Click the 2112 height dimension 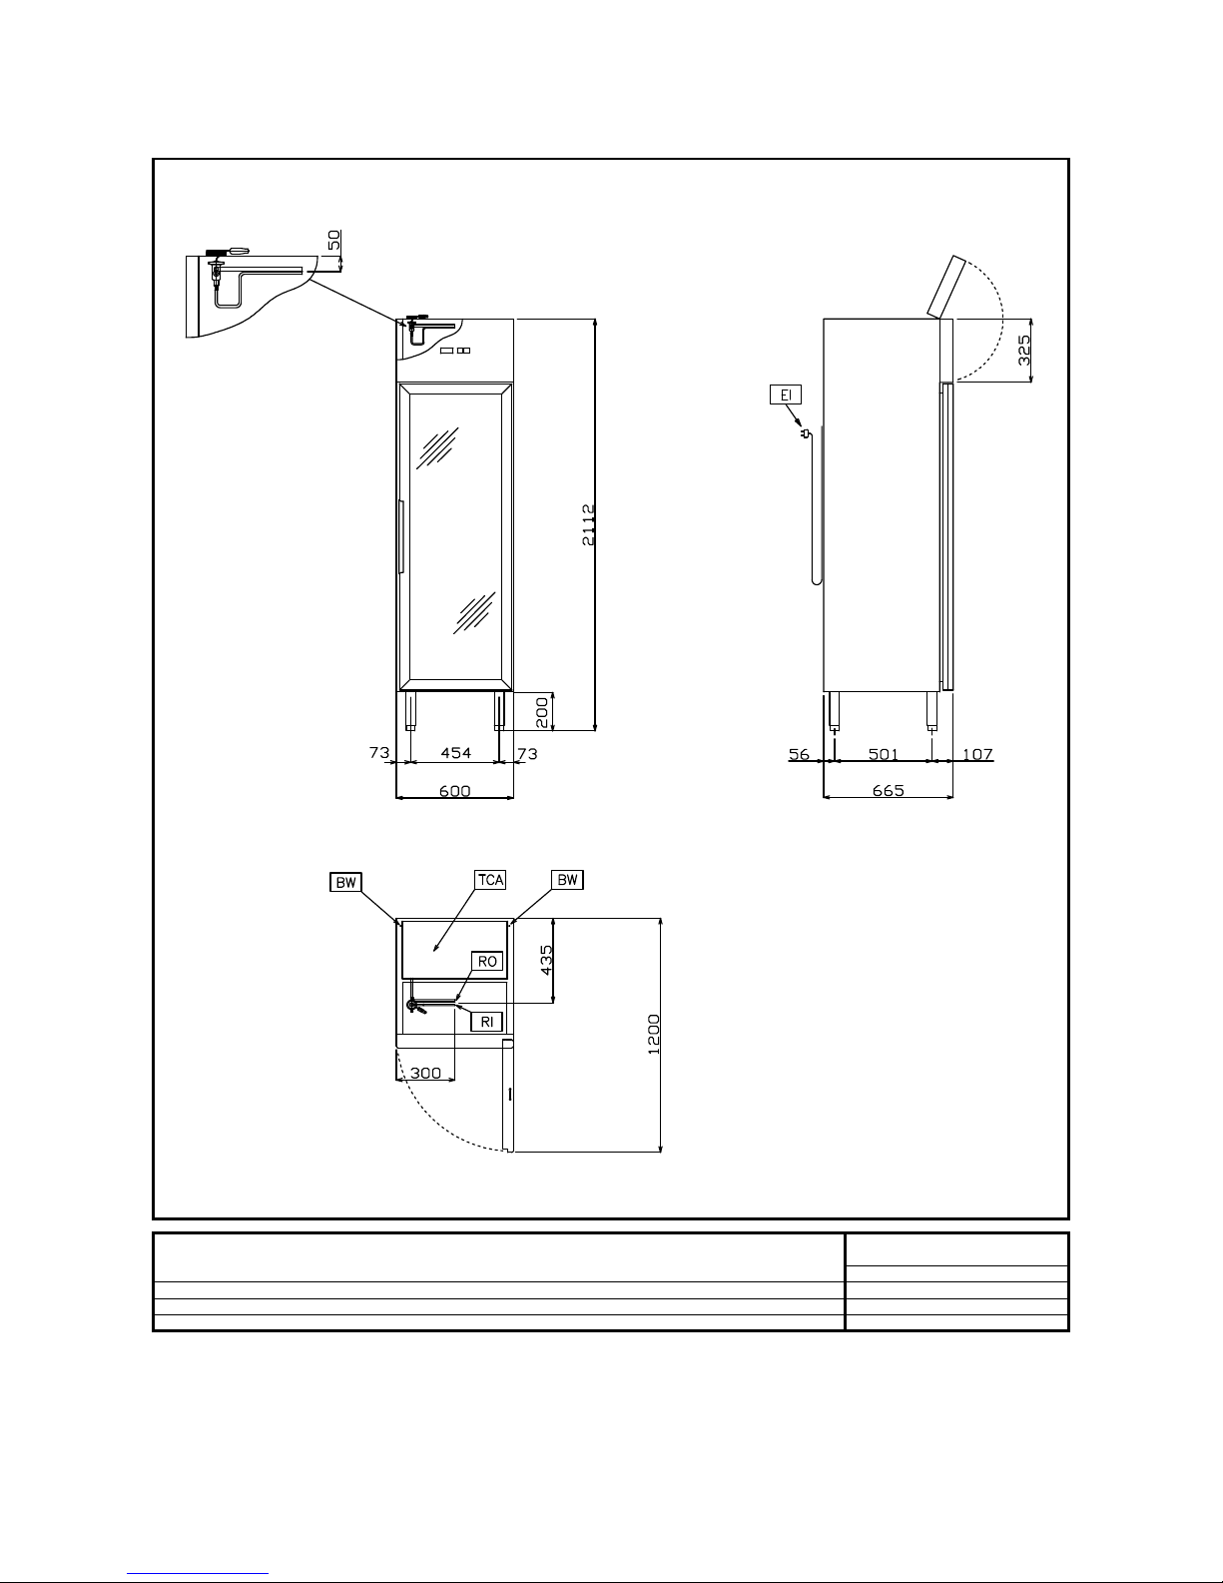click(589, 524)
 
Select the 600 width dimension click(455, 790)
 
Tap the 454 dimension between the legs click(455, 752)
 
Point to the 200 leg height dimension click(542, 712)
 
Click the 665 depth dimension click(889, 790)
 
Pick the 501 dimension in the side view click(883, 754)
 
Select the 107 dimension click(977, 754)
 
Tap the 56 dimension click(799, 754)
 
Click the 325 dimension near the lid click(1024, 350)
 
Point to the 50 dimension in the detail click(333, 240)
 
